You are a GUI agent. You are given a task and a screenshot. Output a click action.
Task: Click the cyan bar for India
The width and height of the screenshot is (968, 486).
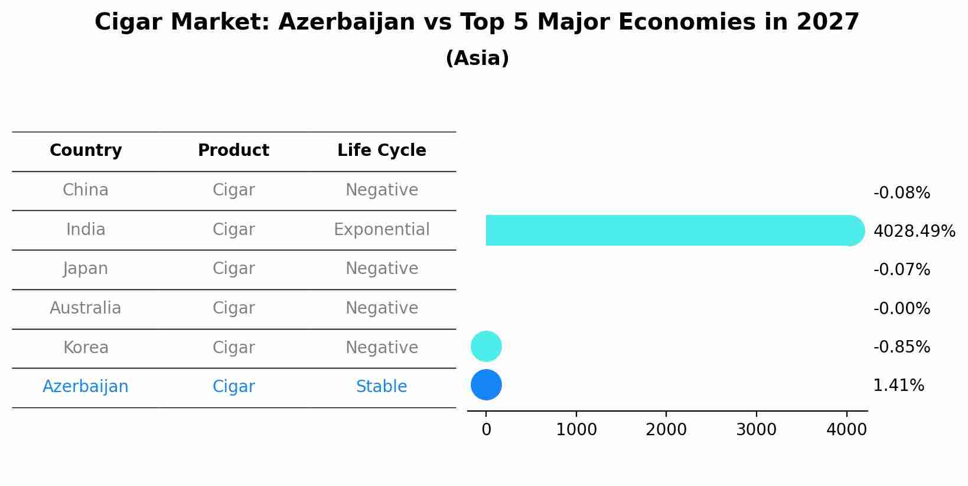point(667,230)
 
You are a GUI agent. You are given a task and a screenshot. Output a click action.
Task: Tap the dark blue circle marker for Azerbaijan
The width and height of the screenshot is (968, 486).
point(486,385)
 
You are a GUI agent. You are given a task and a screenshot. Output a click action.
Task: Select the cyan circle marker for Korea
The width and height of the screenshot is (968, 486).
point(486,347)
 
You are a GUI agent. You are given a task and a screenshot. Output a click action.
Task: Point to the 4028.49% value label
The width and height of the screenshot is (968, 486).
point(914,231)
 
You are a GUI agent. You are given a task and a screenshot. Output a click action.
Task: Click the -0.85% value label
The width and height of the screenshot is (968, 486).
point(901,347)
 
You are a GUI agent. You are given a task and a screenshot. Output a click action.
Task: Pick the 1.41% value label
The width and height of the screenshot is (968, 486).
point(898,386)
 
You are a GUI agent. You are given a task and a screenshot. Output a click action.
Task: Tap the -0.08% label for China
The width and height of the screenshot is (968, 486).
point(901,193)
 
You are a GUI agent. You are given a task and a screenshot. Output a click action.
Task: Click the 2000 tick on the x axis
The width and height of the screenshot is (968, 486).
point(666,430)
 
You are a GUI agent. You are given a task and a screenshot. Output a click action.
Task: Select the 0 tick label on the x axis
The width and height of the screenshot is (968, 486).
point(486,430)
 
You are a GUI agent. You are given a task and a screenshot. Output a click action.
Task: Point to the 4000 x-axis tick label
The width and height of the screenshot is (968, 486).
point(846,430)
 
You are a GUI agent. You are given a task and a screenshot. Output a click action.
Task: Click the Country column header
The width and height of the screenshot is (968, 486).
point(86,151)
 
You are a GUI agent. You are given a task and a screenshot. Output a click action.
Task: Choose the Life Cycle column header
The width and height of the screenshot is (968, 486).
point(382,151)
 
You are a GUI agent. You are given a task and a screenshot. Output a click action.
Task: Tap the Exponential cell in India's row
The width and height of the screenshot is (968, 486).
point(382,230)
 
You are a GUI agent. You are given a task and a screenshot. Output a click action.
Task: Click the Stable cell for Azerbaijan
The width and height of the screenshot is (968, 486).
point(382,387)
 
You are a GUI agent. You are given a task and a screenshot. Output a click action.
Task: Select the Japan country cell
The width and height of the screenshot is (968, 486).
point(86,269)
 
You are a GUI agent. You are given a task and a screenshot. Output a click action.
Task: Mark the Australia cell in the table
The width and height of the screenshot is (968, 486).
point(86,308)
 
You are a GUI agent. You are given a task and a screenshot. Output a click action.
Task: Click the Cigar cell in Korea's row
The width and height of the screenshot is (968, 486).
point(234,348)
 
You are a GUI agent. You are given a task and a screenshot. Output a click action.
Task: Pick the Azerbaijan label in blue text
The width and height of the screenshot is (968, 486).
point(86,387)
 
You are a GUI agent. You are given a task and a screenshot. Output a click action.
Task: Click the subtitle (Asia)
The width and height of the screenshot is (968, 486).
point(477,58)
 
